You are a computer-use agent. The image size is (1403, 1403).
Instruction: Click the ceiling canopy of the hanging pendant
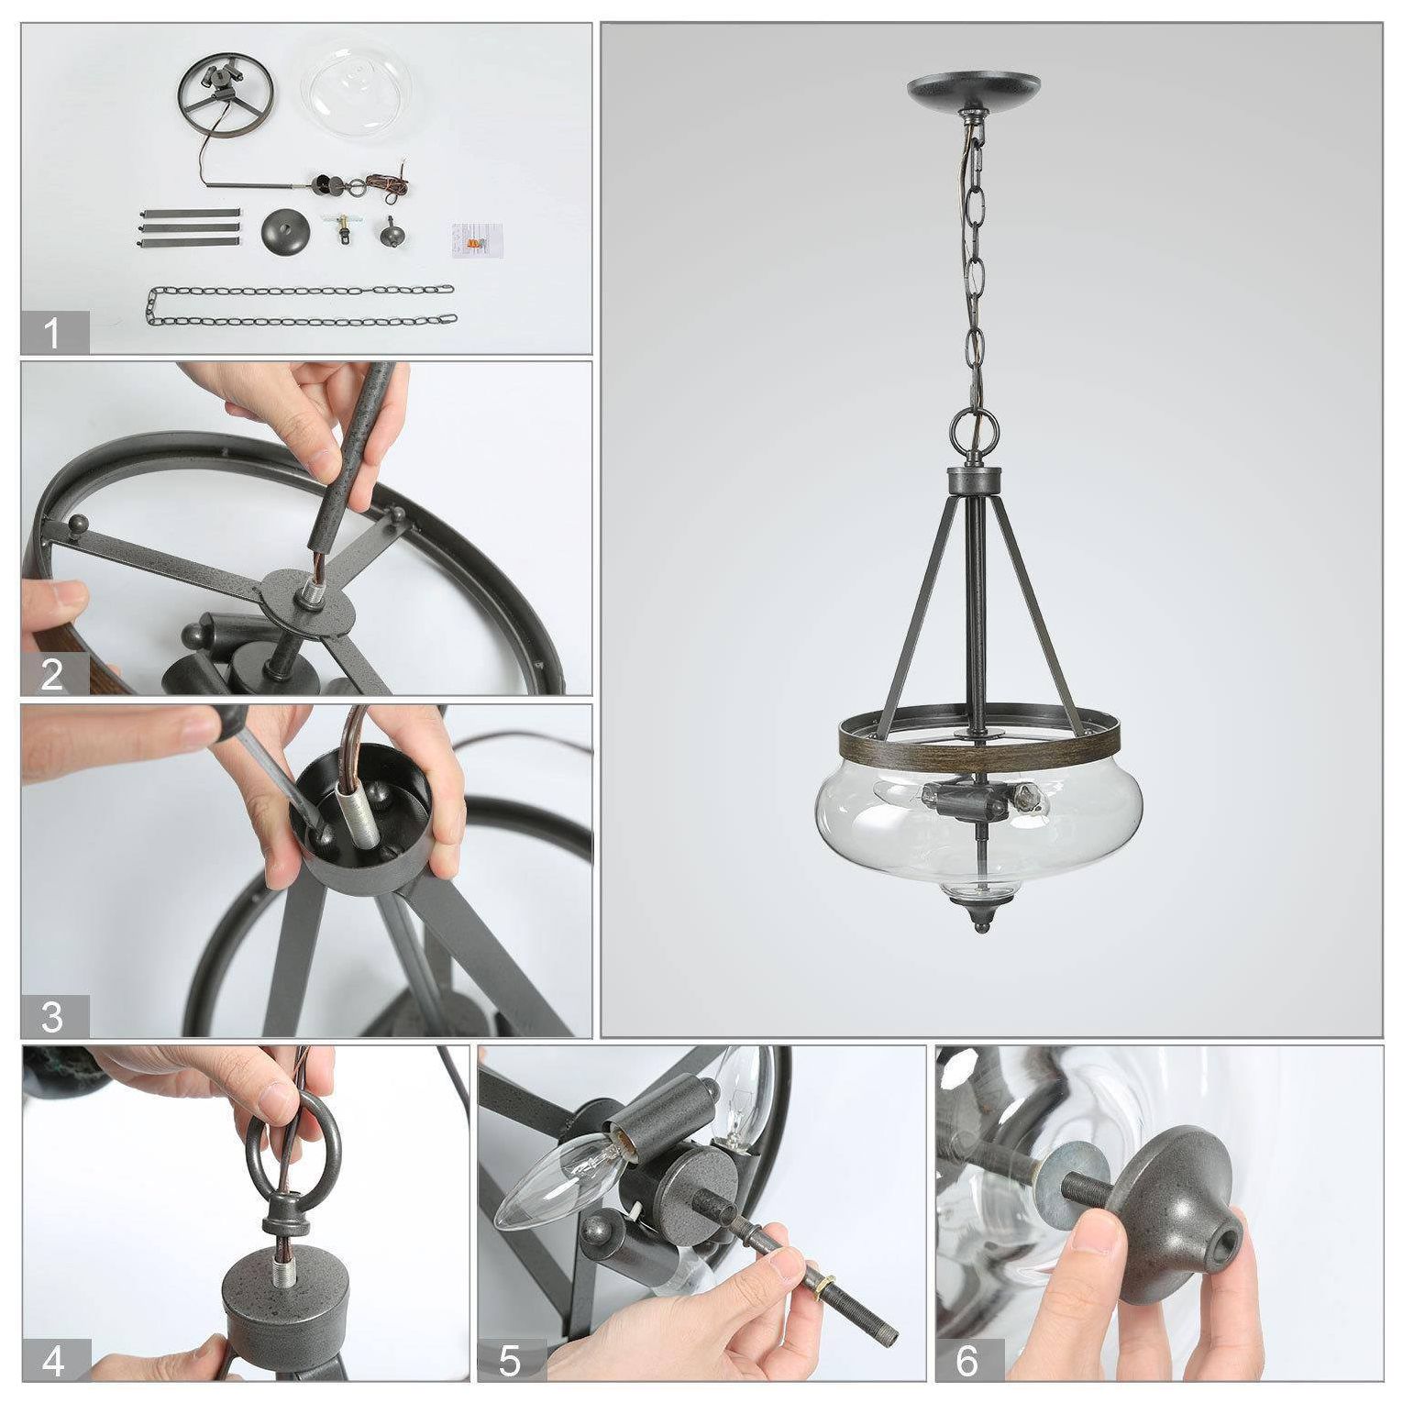pos(974,90)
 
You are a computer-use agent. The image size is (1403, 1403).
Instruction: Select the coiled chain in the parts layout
pos(301,305)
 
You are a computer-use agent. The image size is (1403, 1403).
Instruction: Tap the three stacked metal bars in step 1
pos(188,227)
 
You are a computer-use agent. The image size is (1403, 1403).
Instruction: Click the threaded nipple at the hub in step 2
pos(303,596)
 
